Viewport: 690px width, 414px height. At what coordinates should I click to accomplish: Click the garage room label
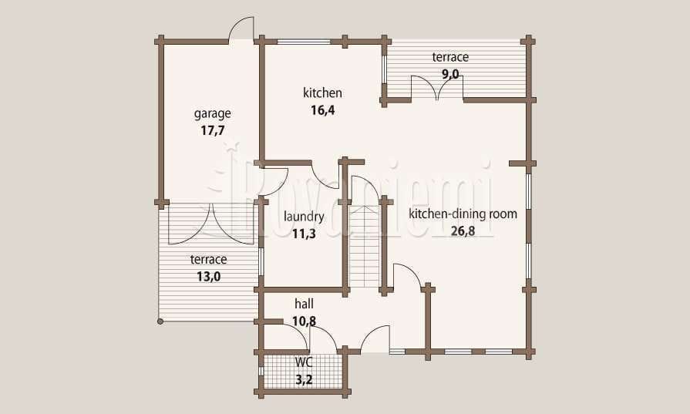(x=213, y=114)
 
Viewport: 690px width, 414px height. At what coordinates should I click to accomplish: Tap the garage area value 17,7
(x=213, y=130)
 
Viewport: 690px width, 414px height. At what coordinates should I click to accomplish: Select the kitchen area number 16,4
(x=322, y=110)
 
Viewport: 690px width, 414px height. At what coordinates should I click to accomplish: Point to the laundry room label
(x=304, y=217)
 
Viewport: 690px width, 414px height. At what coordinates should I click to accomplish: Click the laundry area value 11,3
(x=304, y=234)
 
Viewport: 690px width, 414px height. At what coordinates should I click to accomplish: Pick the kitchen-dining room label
(x=463, y=214)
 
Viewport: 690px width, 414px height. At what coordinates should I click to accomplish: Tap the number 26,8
(x=463, y=231)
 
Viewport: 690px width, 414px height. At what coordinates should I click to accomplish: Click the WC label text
(x=304, y=362)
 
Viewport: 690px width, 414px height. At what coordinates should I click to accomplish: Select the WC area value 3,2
(x=304, y=379)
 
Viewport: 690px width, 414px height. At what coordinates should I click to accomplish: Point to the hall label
(x=304, y=304)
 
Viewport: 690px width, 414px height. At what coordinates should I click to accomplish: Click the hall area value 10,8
(x=304, y=321)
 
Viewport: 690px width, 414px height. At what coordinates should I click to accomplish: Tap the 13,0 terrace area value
(x=209, y=277)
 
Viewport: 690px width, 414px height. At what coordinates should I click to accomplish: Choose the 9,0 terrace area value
(x=450, y=74)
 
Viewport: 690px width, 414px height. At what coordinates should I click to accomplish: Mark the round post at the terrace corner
(x=160, y=321)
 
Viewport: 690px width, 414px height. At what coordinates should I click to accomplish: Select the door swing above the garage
(x=241, y=29)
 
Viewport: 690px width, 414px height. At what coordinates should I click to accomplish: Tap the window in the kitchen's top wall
(x=304, y=42)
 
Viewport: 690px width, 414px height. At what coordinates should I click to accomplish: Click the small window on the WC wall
(x=261, y=371)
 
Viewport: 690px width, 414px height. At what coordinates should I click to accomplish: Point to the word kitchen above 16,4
(x=322, y=93)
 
